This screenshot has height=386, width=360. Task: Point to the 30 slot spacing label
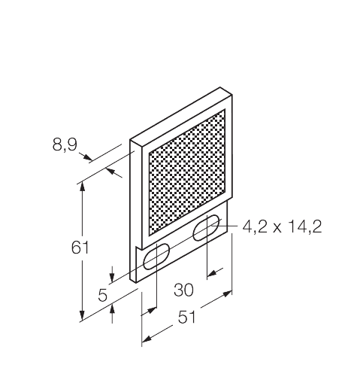pyautogui.click(x=183, y=290)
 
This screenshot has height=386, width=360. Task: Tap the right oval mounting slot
pyautogui.click(x=207, y=229)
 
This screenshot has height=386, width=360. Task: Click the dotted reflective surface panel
pyautogui.click(x=187, y=172)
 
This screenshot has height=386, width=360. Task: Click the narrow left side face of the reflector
pyautogui.click(x=135, y=211)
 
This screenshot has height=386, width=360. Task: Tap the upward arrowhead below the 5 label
pyautogui.click(x=112, y=309)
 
